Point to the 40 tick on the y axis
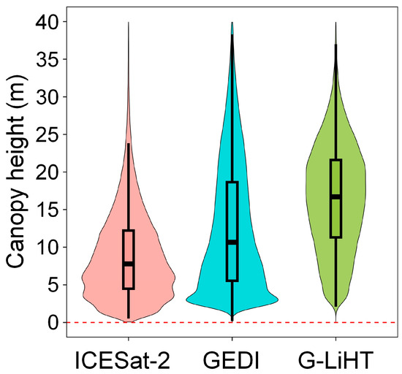(50, 22)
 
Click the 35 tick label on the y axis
(50, 59)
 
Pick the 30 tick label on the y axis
(50, 97)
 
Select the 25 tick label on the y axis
(50, 134)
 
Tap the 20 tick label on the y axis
(50, 172)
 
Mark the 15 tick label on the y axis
(50, 210)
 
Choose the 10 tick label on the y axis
(50, 247)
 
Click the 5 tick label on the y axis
(56, 285)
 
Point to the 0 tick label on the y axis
(56, 322)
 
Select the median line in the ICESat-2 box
(129, 263)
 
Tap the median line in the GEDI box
(232, 242)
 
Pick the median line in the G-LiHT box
(336, 196)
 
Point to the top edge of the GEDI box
(232, 182)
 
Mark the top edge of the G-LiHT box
(336, 159)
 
